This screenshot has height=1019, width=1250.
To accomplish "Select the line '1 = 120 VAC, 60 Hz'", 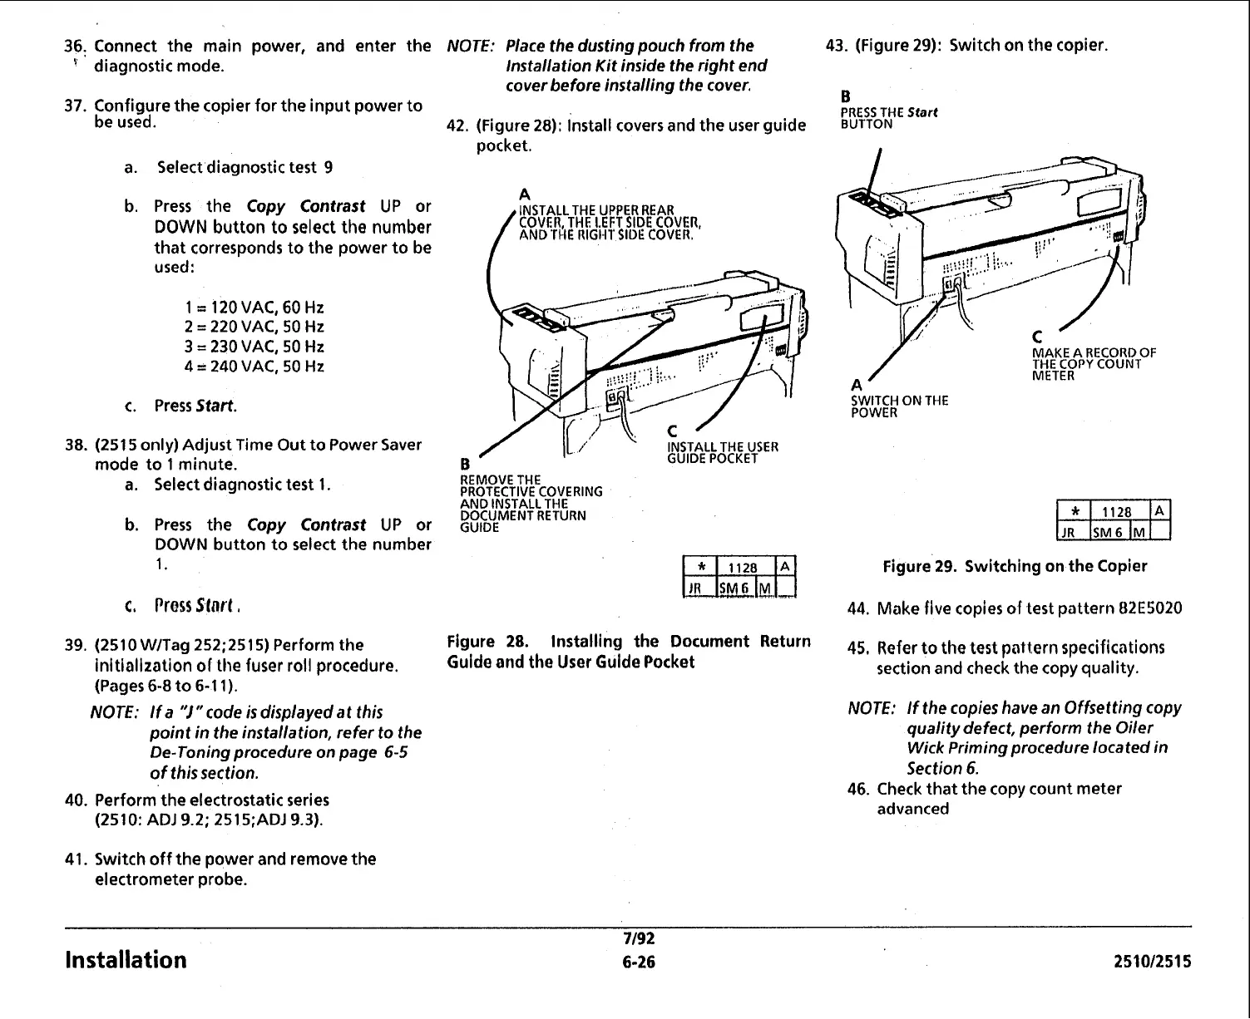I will click(x=254, y=307).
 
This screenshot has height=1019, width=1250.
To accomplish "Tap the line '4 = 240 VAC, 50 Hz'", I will click(x=254, y=367).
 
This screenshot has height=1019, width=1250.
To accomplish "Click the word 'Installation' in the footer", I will click(x=126, y=960).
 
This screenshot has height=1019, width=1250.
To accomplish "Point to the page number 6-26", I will click(x=639, y=962).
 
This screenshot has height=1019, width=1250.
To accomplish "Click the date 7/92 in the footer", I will click(x=639, y=939).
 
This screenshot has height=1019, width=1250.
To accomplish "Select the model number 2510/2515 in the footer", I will click(x=1152, y=962).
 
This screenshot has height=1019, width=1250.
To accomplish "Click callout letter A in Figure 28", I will click(x=524, y=195).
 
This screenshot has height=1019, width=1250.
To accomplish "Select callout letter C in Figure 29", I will click(x=1037, y=337).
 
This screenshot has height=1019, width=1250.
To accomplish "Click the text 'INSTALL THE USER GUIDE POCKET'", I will click(x=722, y=452).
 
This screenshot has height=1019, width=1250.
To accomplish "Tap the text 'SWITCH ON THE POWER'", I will click(x=898, y=406).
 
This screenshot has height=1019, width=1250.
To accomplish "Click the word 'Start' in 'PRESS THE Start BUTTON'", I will click(x=922, y=112).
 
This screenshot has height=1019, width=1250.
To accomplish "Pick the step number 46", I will click(x=858, y=789).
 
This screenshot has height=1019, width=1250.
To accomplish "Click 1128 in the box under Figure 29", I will click(x=1116, y=512).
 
